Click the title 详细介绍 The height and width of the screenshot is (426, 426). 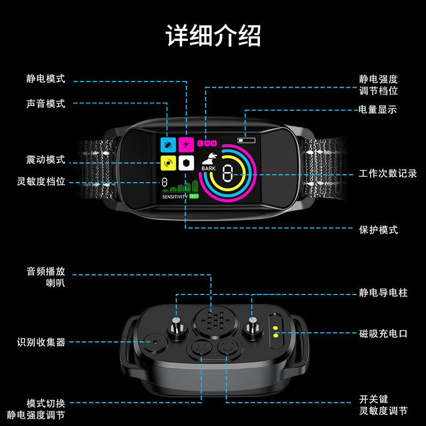tap(213, 36)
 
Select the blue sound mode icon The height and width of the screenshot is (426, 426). tap(168, 145)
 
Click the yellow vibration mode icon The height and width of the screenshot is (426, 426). tap(168, 162)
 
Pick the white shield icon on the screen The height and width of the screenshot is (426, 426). tap(186, 162)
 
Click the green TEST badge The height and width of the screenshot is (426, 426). tap(194, 196)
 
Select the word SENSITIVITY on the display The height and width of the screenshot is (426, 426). tap(175, 196)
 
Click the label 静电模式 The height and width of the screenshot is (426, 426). tap(46, 79)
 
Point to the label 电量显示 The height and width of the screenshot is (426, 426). tap(378, 110)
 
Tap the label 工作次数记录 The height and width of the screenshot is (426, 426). tap(388, 174)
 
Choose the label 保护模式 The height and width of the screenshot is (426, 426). tap(378, 230)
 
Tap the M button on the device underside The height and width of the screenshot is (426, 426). tap(202, 349)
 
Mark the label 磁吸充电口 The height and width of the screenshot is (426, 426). tap(383, 334)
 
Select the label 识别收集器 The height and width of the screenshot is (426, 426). tap(42, 342)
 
